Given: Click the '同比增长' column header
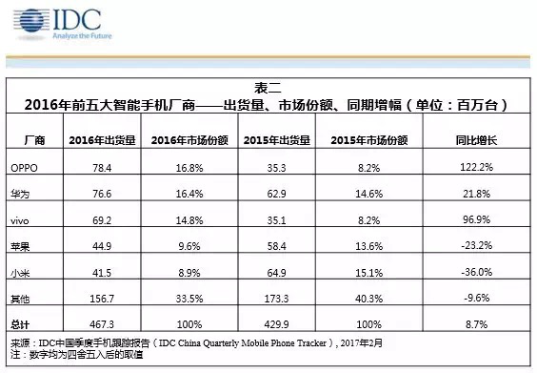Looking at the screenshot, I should (x=472, y=140).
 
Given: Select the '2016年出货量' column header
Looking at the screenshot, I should (x=101, y=140).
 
